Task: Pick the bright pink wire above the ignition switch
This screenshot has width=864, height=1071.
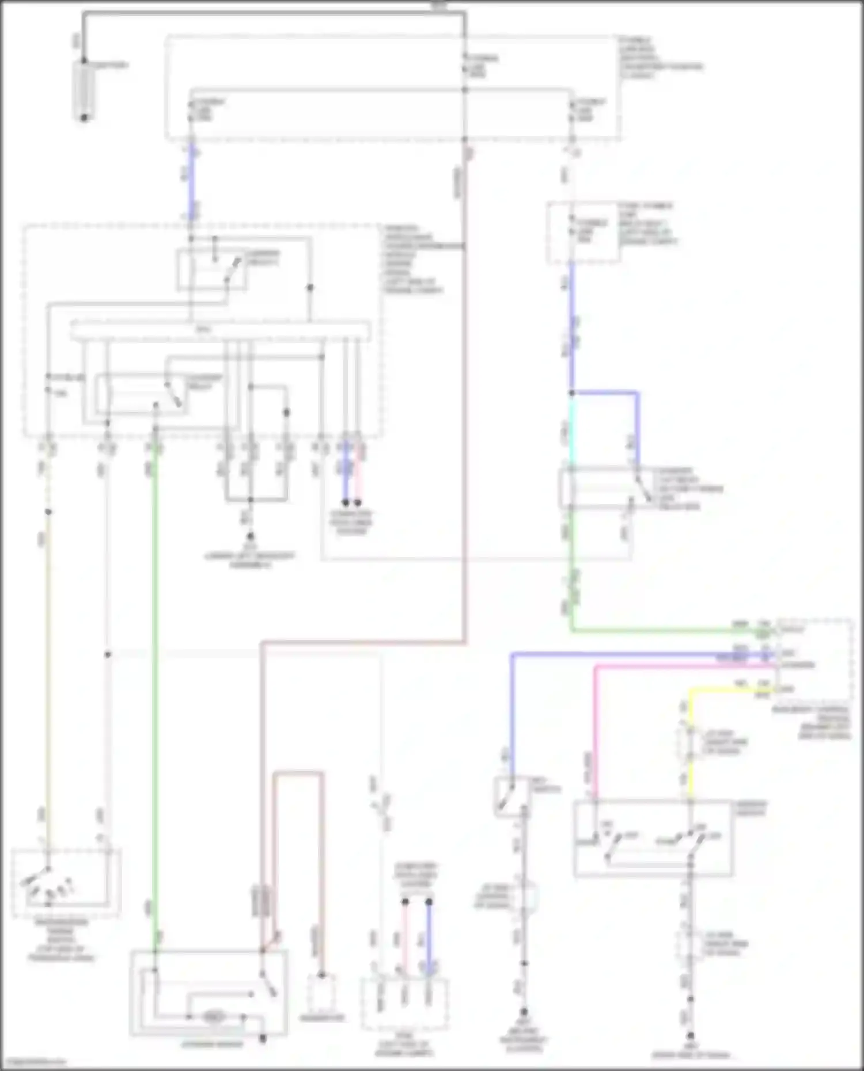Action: tap(596, 731)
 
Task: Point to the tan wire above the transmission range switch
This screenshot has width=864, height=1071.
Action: tap(48, 662)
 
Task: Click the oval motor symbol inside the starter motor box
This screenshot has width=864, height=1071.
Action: tap(213, 1017)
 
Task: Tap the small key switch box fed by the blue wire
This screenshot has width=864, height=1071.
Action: tap(511, 796)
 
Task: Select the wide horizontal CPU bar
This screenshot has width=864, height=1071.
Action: tap(221, 331)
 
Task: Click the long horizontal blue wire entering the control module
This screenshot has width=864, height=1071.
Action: tap(634, 654)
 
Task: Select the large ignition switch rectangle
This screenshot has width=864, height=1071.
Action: tap(653, 838)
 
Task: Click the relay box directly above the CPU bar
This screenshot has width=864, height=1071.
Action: tap(212, 269)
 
